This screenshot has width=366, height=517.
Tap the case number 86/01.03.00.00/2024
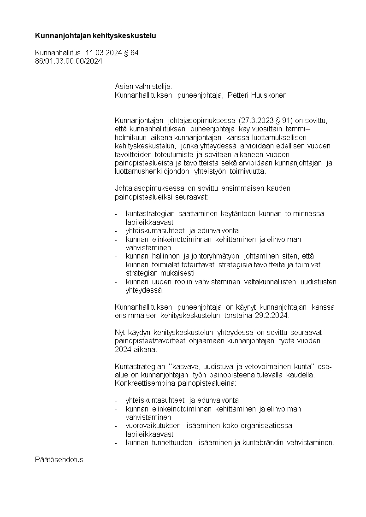(69, 61)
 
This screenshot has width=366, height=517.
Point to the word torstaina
(239, 316)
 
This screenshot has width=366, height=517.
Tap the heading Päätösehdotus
(59, 460)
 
